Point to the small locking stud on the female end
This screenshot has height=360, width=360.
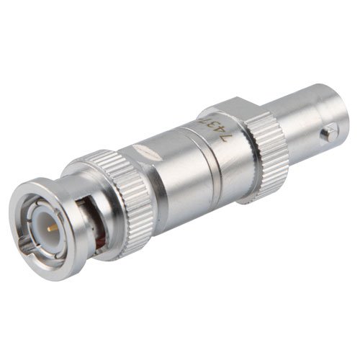pos(328,132)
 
